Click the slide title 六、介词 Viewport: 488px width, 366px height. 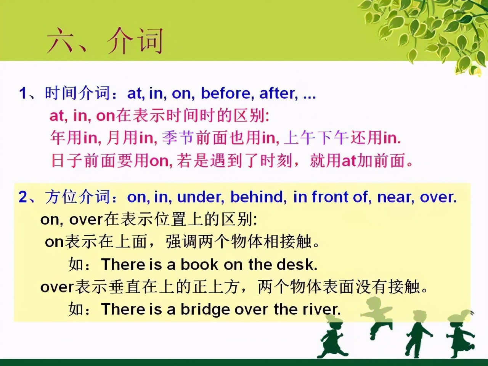tap(105, 41)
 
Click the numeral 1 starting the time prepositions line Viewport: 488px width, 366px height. tap(22, 93)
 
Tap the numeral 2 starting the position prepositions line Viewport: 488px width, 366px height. tap(22, 197)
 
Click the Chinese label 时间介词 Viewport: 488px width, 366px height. tap(78, 93)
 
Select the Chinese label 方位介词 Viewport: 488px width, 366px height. tap(78, 197)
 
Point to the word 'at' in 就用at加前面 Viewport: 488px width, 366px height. tap(349, 161)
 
